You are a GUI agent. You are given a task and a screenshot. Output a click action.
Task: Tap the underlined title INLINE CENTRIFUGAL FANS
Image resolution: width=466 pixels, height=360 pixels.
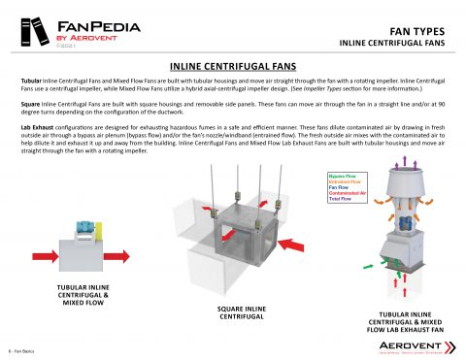point(232,64)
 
